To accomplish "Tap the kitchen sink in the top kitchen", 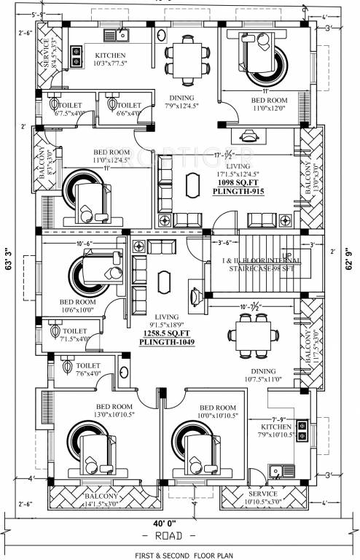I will pos(117,34).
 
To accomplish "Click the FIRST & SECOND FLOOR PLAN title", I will pos(179,553).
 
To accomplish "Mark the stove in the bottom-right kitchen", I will pos(300,431).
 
